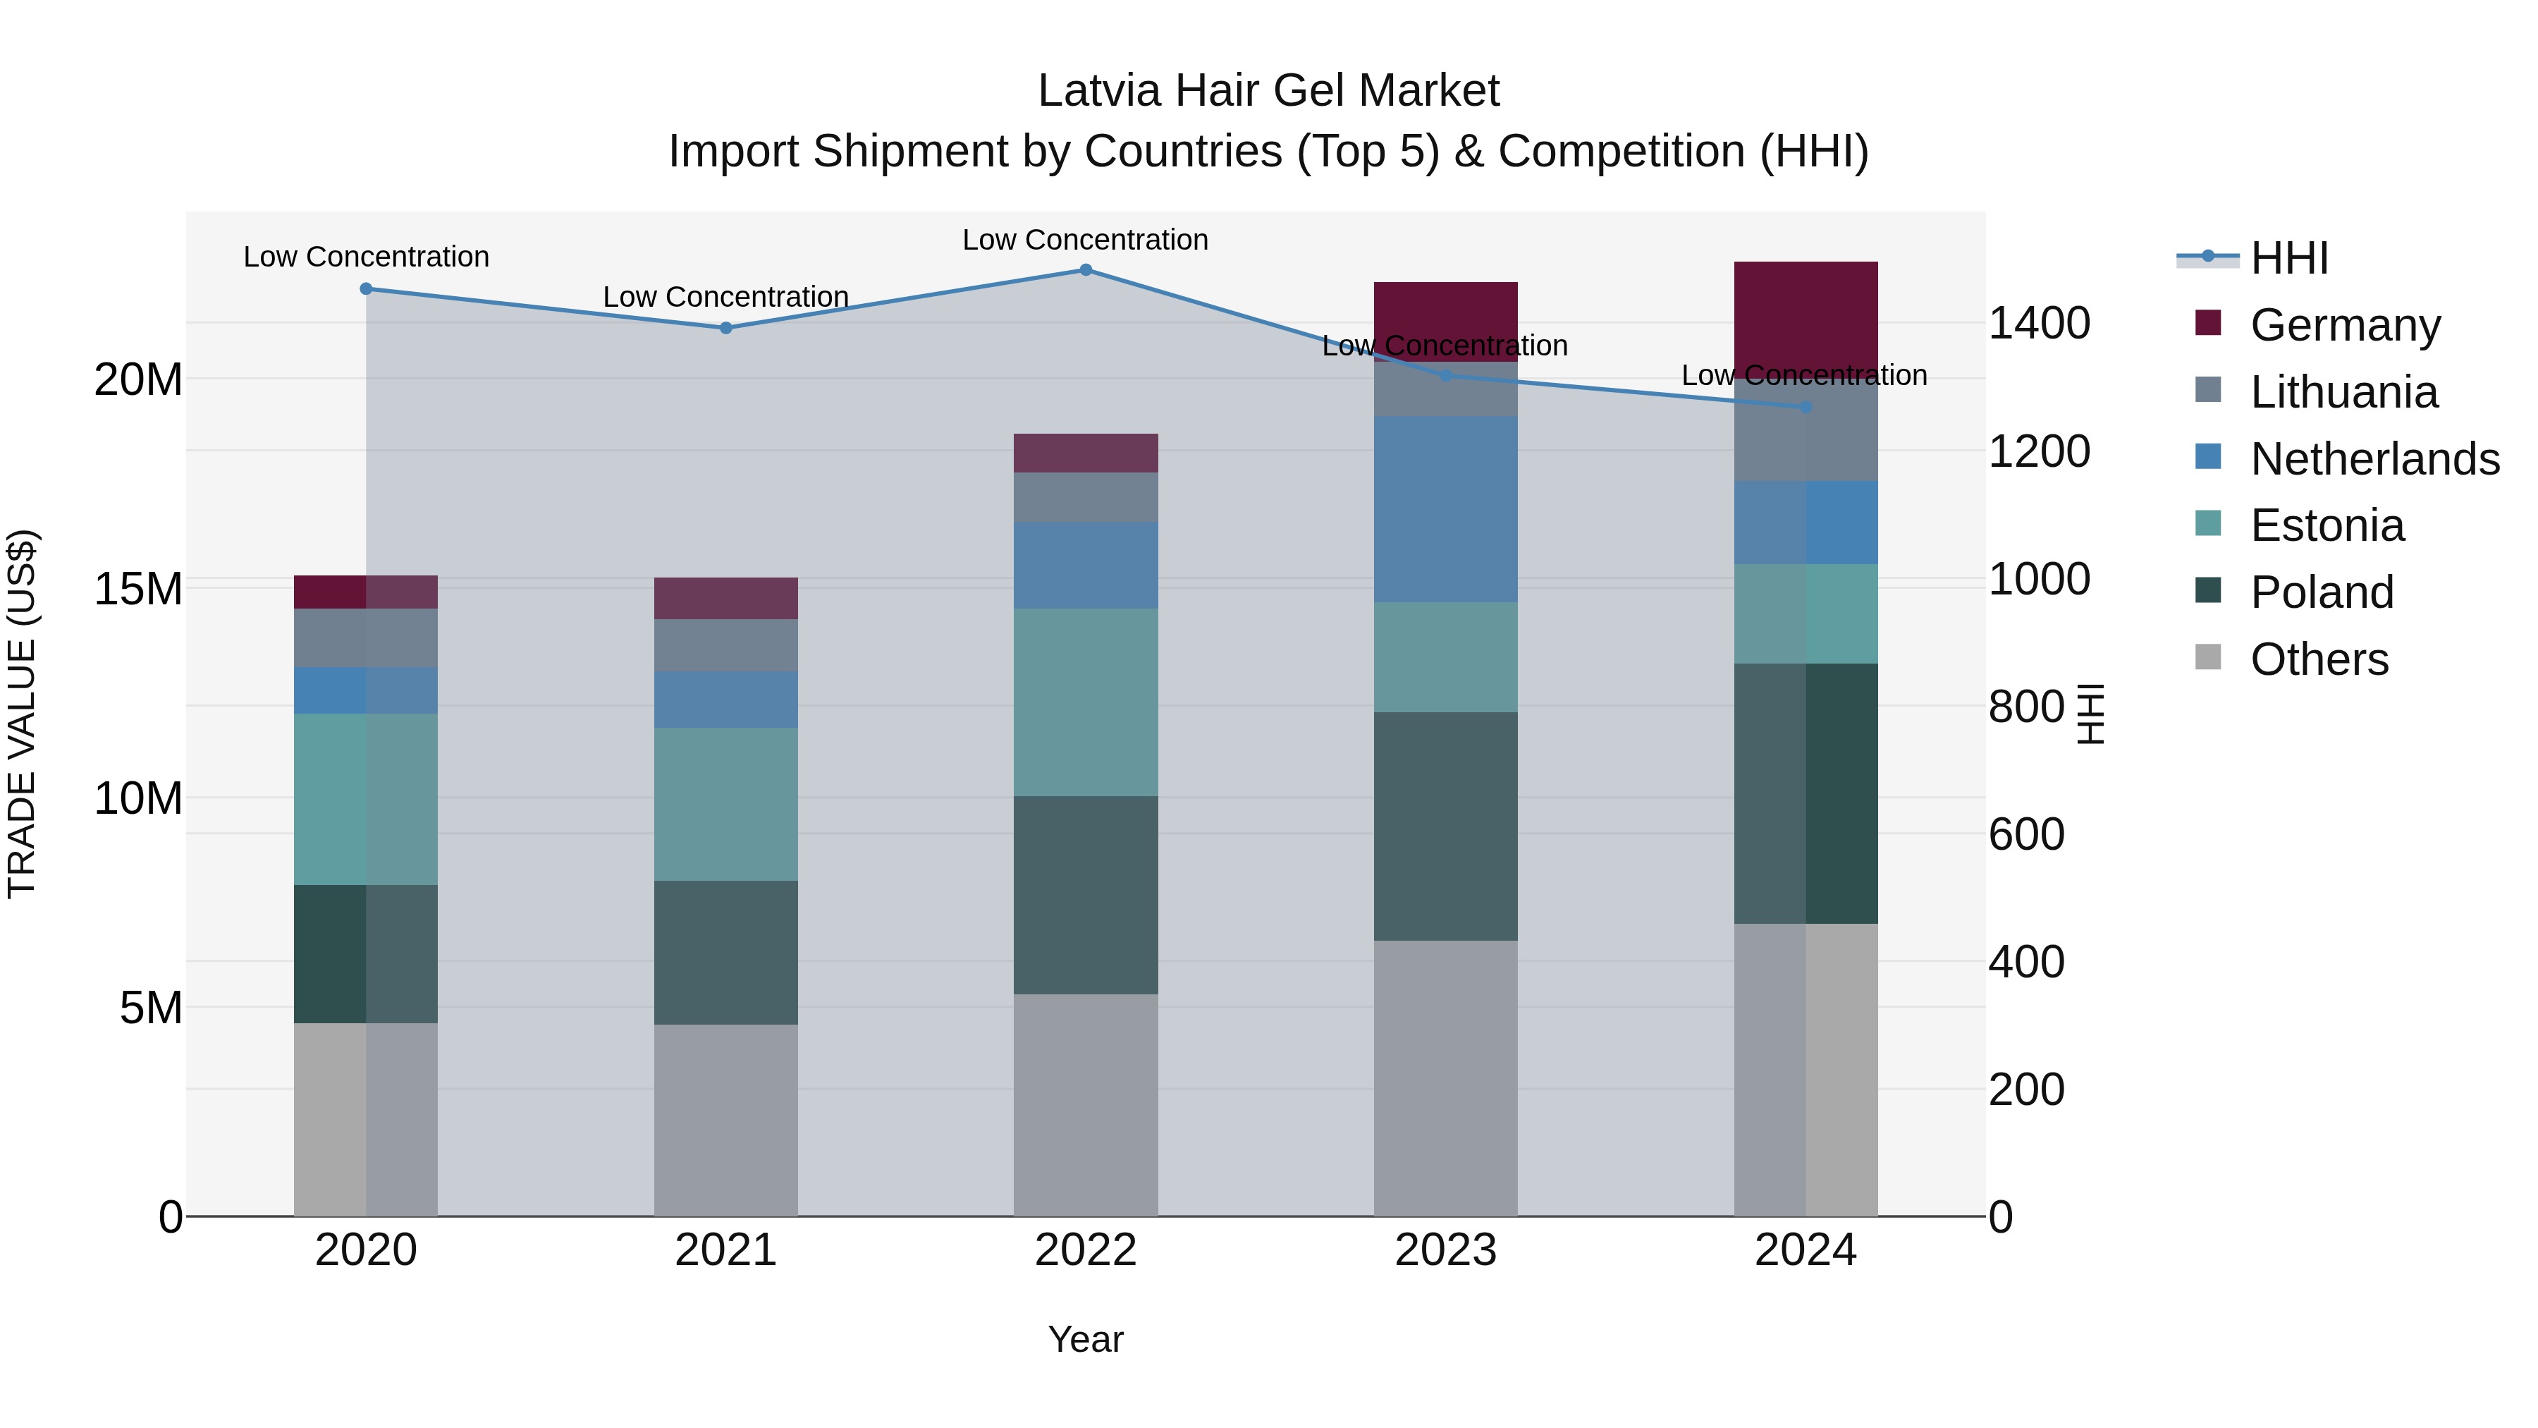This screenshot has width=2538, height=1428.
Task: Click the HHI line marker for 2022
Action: coord(1085,269)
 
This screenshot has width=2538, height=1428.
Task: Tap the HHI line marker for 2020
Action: coord(365,288)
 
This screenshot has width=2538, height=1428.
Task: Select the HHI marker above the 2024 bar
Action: coord(1805,406)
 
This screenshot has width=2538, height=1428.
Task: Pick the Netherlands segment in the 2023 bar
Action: coord(1445,508)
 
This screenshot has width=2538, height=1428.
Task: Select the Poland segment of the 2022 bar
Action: coord(1085,894)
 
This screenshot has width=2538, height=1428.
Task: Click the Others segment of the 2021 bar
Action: coord(725,1120)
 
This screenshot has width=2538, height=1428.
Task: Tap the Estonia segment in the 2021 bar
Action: coord(725,803)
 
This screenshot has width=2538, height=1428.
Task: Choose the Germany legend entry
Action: coord(2345,324)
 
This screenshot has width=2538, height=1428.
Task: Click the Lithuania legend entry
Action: coord(2343,391)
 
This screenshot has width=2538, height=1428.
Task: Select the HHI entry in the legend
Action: coord(2288,258)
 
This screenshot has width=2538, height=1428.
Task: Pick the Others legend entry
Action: coord(2318,659)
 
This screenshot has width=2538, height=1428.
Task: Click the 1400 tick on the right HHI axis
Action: coord(2038,323)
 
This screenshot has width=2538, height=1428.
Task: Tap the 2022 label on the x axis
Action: coord(1085,1250)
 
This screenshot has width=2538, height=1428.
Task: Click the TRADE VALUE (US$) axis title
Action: coord(22,714)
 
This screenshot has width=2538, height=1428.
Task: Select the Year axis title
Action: coord(1085,1339)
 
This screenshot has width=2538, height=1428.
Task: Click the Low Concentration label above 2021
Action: coord(725,297)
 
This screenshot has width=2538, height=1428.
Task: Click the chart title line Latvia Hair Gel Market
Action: coord(1268,91)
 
